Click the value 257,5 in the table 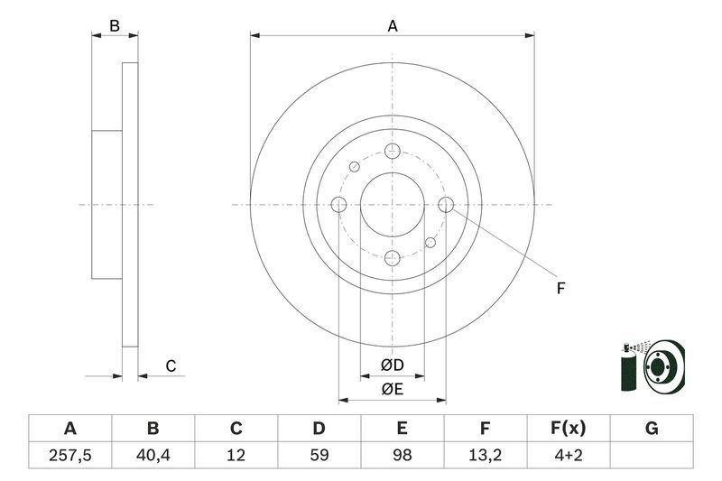69,456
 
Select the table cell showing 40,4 153,456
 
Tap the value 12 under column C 236,456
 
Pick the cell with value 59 319,456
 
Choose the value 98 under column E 402,456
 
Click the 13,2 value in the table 485,456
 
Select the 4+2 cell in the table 568,456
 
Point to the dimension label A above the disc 393,26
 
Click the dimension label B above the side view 115,26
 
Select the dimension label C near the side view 170,366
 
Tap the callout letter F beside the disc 560,289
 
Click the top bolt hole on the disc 392,152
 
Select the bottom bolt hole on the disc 392,258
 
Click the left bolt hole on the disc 338,205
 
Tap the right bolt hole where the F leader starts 445,205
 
